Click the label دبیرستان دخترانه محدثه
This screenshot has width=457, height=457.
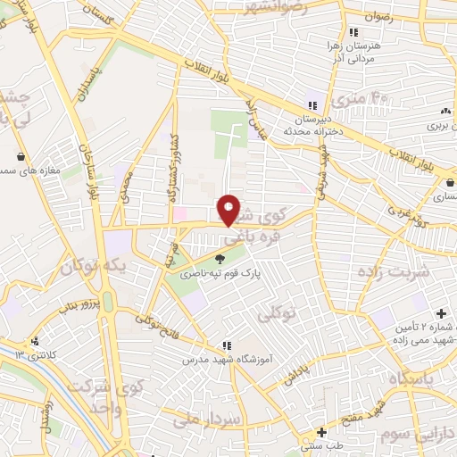point(314,123)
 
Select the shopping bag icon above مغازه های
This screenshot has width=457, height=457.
point(20,156)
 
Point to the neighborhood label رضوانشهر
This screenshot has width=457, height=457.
point(277,6)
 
